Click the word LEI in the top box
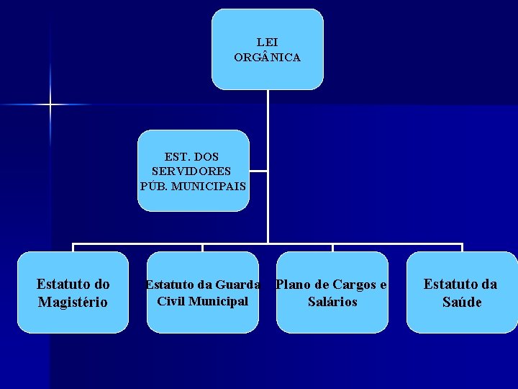267,43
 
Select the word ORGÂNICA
267,57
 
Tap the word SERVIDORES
191,171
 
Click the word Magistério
73,302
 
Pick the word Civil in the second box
170,300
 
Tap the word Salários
332,302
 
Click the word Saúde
462,302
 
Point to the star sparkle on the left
50,105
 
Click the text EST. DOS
191,156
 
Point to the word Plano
291,285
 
